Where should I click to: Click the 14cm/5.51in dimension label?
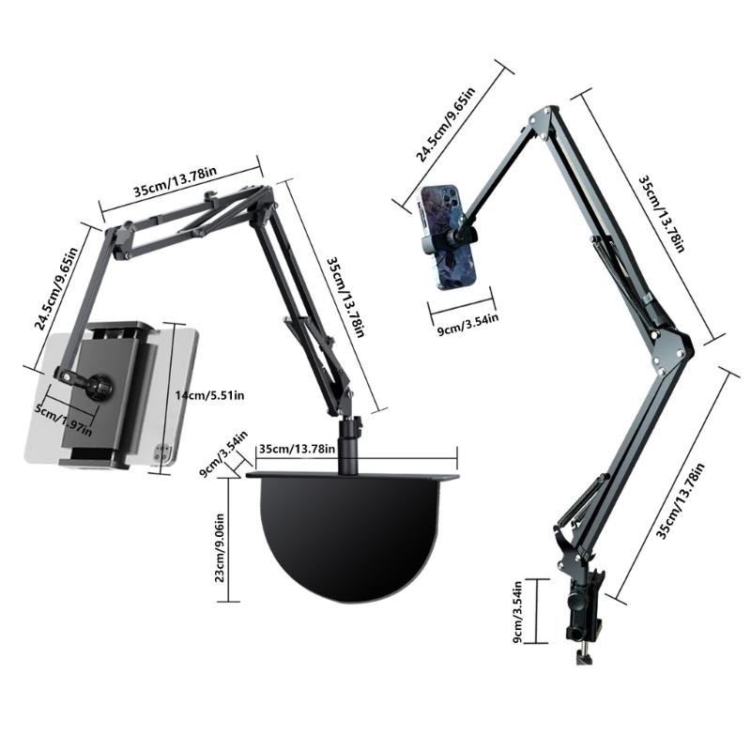click(x=209, y=396)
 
